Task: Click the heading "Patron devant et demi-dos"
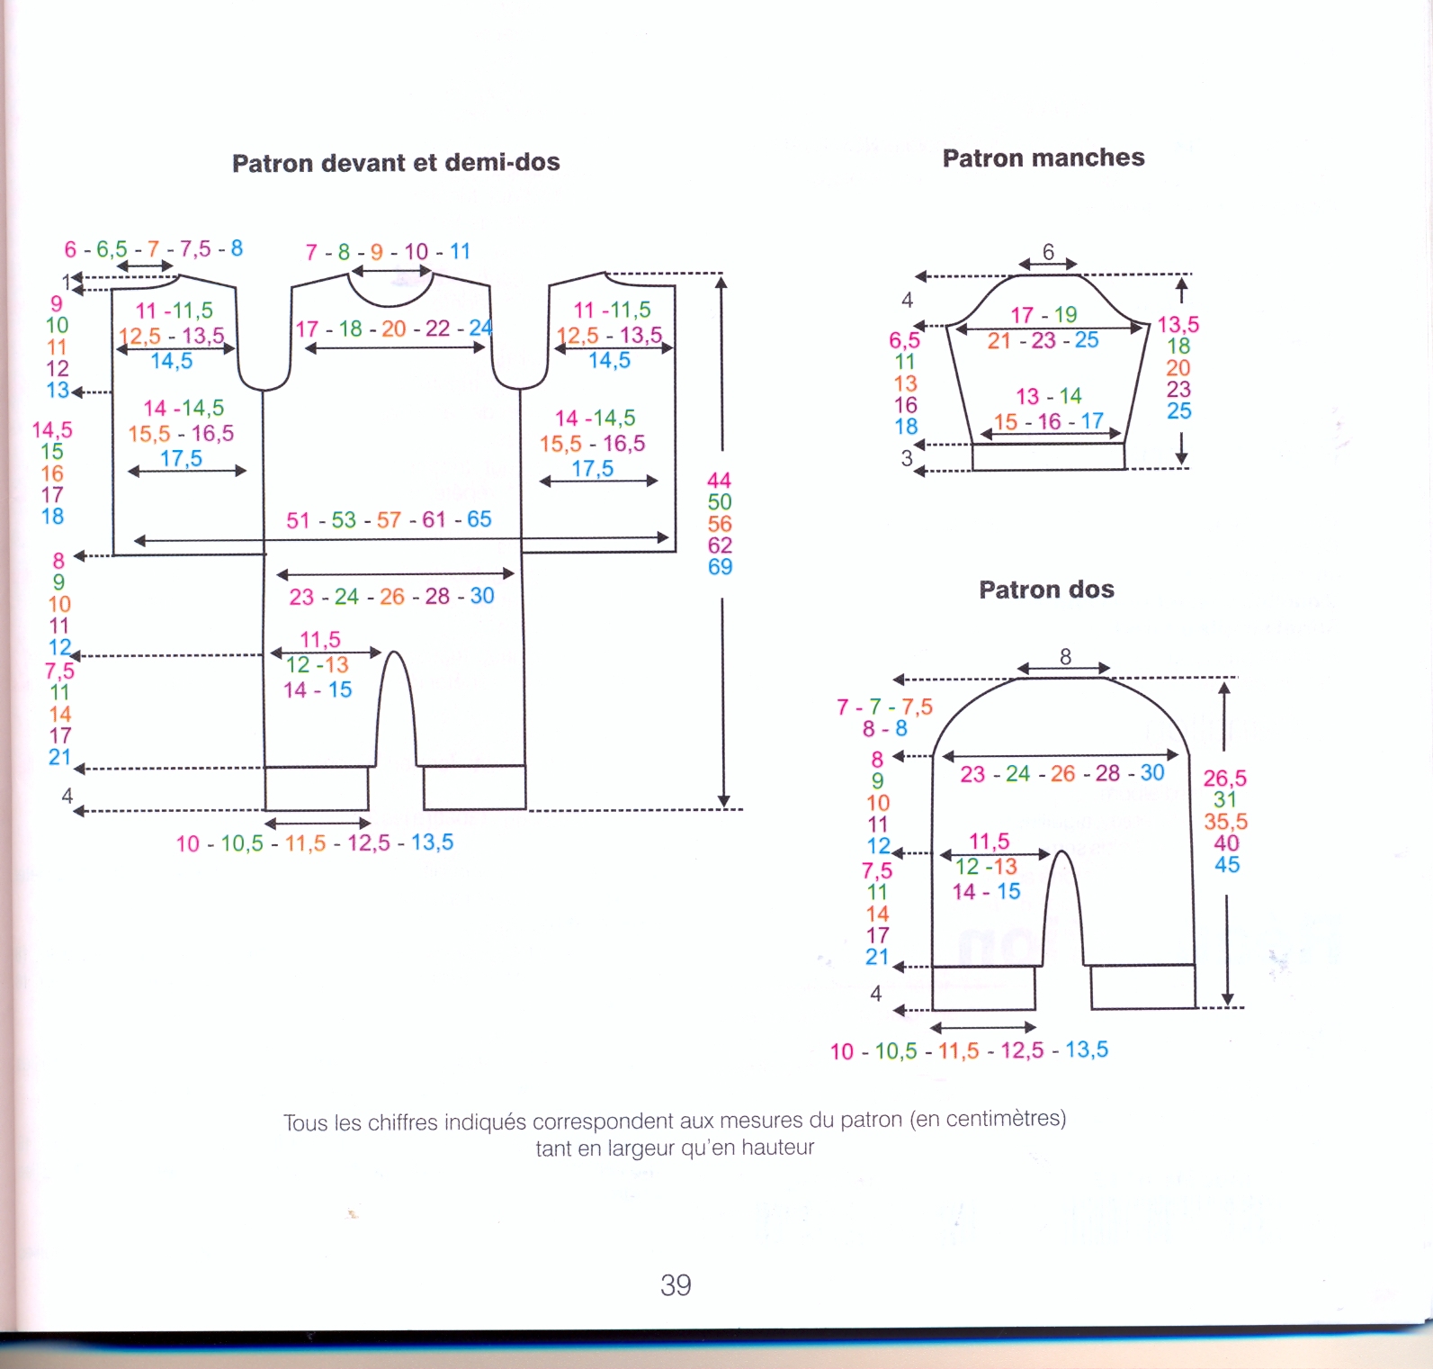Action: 396,163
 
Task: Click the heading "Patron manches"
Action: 1043,158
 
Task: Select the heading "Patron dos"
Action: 1046,590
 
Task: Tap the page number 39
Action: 676,1284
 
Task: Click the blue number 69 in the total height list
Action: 720,567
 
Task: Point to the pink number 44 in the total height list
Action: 719,481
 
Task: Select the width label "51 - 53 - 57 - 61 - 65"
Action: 389,520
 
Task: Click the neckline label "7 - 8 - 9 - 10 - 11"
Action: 388,252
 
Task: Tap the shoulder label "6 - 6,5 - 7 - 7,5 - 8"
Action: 153,249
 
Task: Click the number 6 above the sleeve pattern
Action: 1048,252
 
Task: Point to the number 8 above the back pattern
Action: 1065,656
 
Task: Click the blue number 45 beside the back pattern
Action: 1227,865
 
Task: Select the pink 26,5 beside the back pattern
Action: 1225,779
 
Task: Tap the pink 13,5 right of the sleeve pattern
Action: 1178,324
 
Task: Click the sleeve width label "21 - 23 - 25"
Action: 1043,341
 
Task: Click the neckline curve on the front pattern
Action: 390,298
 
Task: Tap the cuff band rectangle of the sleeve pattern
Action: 1048,457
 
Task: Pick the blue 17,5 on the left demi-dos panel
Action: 181,459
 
